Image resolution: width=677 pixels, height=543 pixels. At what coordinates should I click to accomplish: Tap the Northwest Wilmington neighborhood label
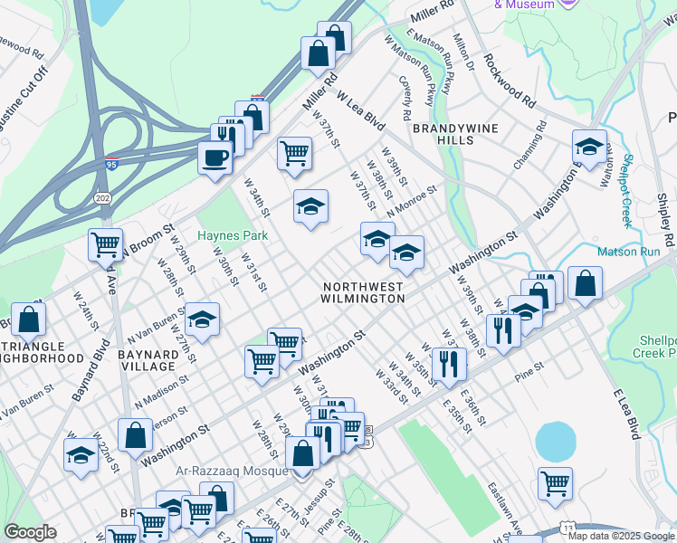pos(363,291)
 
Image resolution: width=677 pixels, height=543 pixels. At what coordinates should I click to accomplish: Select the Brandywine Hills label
pos(443,135)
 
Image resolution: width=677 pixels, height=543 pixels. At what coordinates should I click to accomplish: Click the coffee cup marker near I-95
pos(215,157)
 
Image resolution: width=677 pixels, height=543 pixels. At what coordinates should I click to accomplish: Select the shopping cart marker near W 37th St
pos(294,154)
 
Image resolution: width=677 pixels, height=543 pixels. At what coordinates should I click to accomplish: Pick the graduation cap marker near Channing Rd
pos(589,147)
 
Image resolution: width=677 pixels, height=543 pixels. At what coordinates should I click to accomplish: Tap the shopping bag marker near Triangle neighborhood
pos(29,319)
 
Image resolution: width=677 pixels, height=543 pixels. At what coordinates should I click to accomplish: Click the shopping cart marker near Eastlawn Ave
pos(554,482)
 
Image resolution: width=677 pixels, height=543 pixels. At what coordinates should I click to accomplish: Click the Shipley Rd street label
pos(665,221)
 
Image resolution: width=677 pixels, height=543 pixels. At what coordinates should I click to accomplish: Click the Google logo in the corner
pos(30,532)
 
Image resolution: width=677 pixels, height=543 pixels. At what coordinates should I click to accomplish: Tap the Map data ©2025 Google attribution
pos(619,536)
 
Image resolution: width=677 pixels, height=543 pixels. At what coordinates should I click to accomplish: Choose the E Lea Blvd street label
pos(625,414)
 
